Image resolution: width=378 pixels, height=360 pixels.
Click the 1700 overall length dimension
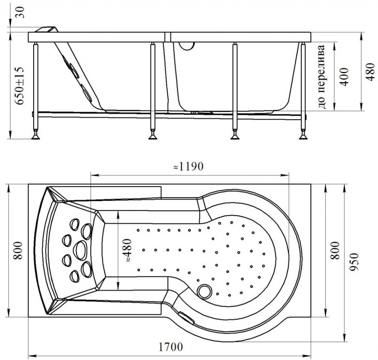coord(170,347)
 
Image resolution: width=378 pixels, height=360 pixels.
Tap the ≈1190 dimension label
coord(188,167)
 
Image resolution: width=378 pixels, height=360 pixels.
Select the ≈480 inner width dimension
coord(127,250)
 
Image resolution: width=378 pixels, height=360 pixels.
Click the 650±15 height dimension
coord(19,86)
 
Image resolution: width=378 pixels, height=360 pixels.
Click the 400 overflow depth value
coord(344,77)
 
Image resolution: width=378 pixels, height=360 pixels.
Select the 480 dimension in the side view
coord(370,72)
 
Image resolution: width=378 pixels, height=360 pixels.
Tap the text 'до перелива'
coord(322,77)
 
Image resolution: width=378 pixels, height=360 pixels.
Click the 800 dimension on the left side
coord(18,250)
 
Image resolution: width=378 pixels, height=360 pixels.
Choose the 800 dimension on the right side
coord(335,250)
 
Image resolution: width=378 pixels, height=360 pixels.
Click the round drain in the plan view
coord(204,291)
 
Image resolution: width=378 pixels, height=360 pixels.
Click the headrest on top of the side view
coord(47,30)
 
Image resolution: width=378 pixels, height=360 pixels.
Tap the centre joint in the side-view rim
coord(168,37)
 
